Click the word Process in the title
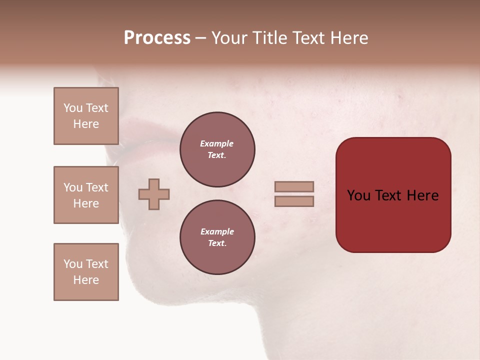(157, 38)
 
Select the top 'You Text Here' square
(86, 116)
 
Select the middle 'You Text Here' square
(86, 195)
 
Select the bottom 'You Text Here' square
(86, 272)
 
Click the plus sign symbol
(154, 194)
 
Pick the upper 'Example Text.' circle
(217, 149)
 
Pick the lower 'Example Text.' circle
(217, 237)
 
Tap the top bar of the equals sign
(294, 186)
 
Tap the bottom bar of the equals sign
(294, 201)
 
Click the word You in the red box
(358, 195)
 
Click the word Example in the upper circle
(216, 143)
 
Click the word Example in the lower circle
(216, 231)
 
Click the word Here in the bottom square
(86, 280)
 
